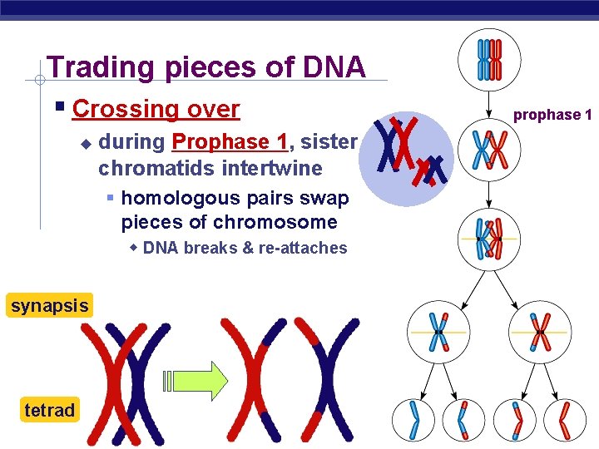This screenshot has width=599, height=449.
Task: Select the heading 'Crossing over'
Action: point(156,109)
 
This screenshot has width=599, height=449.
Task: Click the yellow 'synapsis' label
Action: point(49,306)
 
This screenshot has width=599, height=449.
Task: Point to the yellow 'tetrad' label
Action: point(49,410)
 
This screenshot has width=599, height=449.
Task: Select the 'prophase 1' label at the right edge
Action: point(552,115)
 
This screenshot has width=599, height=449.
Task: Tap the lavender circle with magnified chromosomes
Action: point(407,158)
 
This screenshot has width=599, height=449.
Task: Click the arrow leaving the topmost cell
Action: point(489,101)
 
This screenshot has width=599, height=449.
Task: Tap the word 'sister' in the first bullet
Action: point(329,142)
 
